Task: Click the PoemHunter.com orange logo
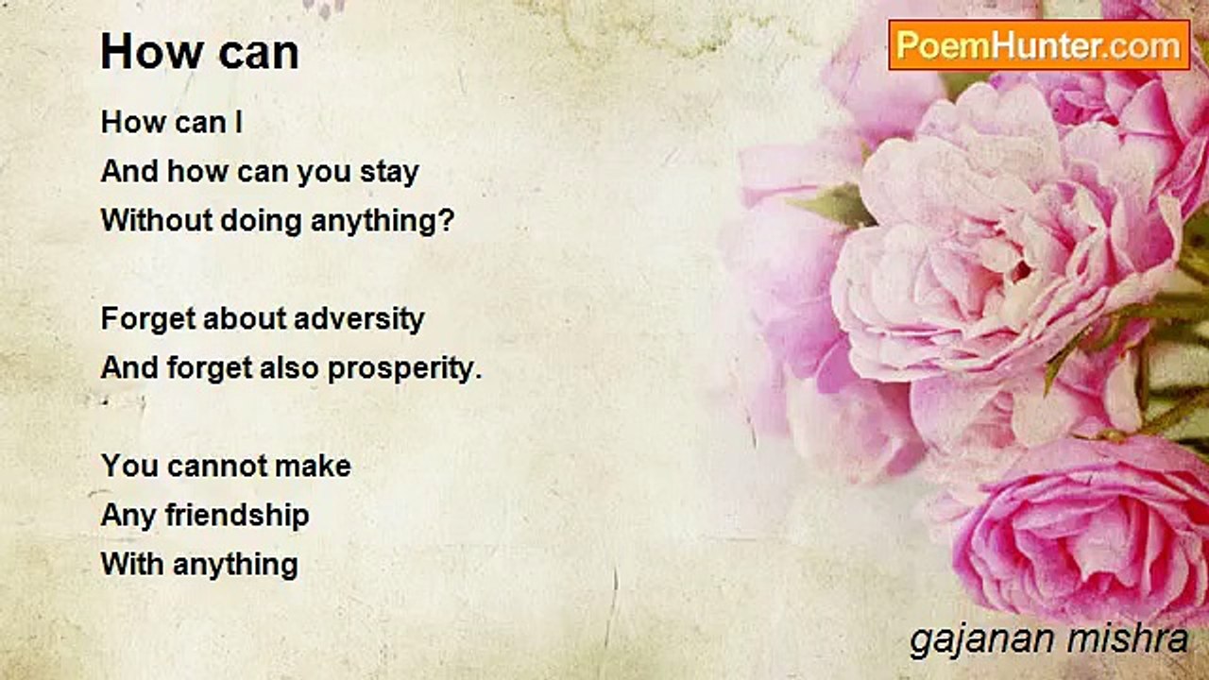(1039, 45)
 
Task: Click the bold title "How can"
(199, 52)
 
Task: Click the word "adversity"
(360, 318)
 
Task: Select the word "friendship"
(237, 516)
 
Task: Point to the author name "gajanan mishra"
(1048, 640)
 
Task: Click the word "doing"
(261, 221)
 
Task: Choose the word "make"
(313, 466)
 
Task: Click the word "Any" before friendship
(128, 516)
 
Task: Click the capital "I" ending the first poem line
(238, 122)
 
